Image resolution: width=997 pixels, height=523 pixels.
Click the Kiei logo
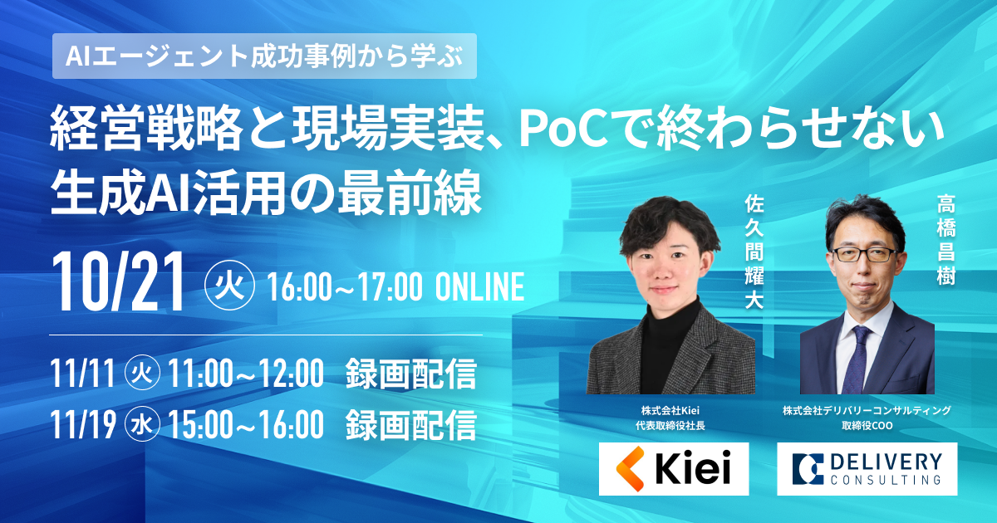(674, 469)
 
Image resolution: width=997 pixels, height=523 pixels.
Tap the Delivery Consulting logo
(867, 469)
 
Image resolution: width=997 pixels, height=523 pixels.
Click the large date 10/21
(118, 282)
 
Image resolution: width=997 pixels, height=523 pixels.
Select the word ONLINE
(479, 287)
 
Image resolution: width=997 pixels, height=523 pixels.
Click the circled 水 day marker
(142, 425)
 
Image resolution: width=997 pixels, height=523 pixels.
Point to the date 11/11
(83, 374)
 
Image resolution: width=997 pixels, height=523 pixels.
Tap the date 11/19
(83, 425)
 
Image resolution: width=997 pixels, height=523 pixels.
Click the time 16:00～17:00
(345, 287)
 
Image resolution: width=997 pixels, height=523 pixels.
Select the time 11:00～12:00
(246, 374)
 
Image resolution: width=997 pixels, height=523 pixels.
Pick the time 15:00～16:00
(246, 425)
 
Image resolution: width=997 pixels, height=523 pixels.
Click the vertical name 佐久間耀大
(754, 252)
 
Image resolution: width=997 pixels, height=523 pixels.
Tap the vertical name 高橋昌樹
(945, 240)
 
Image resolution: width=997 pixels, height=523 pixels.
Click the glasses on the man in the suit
(864, 254)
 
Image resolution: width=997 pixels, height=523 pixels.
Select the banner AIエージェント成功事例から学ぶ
(264, 56)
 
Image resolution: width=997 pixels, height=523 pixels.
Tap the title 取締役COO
(867, 426)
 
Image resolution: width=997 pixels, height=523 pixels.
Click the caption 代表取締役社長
(670, 426)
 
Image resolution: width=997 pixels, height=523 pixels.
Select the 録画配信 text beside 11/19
(410, 425)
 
